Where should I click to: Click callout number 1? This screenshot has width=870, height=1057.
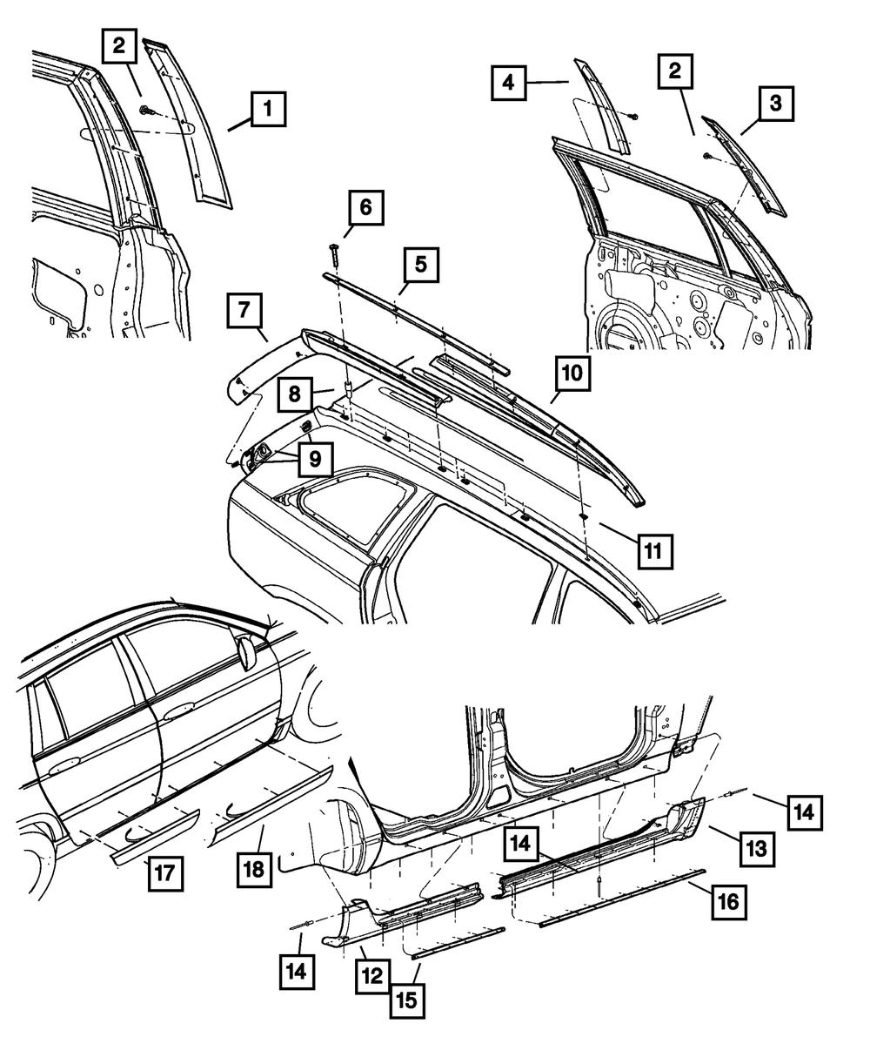click(268, 111)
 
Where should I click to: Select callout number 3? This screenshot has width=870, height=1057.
click(775, 104)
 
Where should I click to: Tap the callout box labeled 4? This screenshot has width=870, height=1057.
click(508, 84)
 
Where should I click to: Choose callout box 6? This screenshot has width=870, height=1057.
click(365, 207)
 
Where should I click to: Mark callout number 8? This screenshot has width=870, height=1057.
click(297, 394)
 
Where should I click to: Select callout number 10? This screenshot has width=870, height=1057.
click(572, 374)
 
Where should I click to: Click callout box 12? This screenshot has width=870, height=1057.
click(371, 977)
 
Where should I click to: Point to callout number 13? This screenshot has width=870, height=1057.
click(757, 847)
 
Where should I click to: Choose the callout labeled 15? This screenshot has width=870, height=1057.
click(407, 1000)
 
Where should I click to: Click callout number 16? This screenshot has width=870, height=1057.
click(727, 902)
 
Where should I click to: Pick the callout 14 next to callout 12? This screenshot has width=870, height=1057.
click(298, 967)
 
